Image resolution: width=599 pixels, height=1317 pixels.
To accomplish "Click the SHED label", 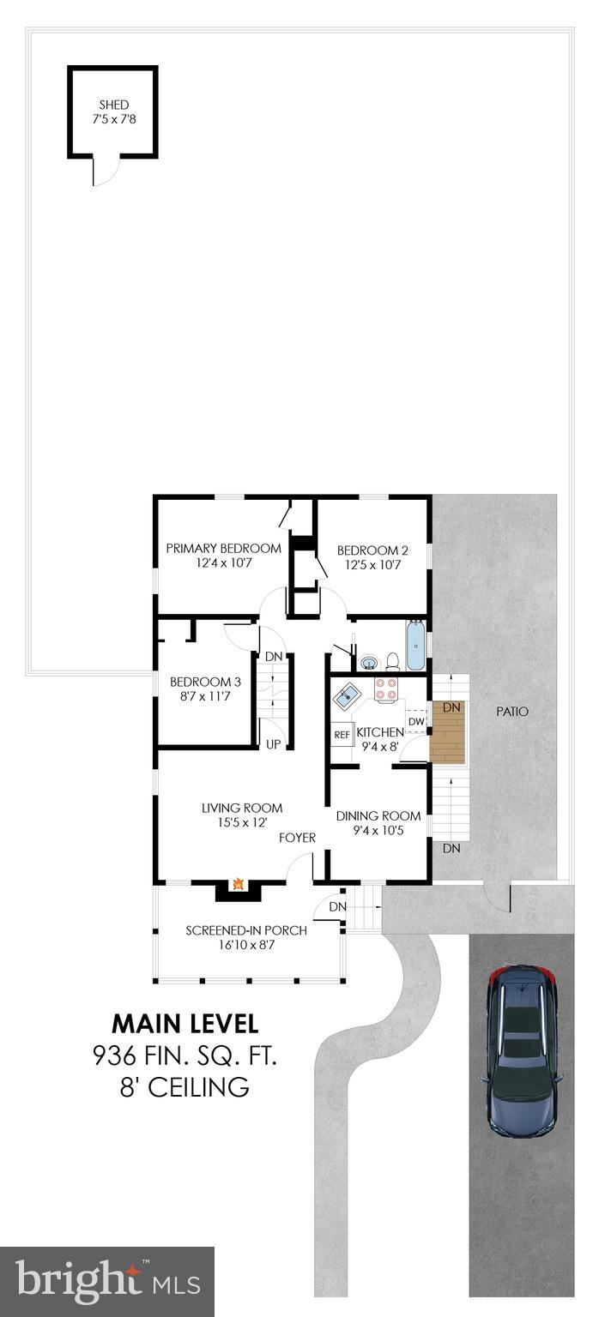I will [112, 105].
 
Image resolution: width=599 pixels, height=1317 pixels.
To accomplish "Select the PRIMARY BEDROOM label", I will [223, 549].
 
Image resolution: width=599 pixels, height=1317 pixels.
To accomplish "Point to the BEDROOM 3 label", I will [205, 682].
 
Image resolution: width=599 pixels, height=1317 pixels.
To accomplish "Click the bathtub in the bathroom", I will [415, 647].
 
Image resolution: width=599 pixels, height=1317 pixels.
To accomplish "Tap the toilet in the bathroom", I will [392, 660].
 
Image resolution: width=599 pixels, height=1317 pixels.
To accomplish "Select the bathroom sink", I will [369, 662].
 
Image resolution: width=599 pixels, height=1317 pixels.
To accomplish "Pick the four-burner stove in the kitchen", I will [386, 690].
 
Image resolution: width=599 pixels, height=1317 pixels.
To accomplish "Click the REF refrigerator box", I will [342, 735].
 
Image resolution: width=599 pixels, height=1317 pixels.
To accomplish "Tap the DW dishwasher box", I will [415, 722].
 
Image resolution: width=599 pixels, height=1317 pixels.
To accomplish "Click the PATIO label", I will [512, 712].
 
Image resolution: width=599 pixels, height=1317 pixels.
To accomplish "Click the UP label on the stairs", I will [273, 744].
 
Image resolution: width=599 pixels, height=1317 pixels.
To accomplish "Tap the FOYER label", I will [297, 838].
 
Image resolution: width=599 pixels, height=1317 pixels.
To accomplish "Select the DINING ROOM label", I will [378, 816].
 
